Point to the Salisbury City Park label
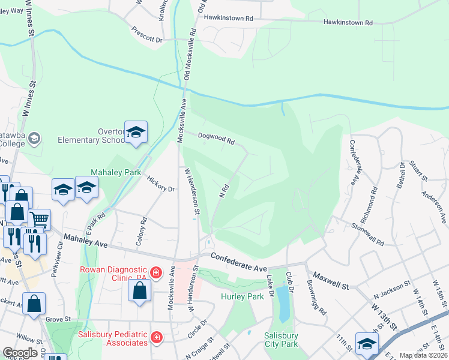pyautogui.click(x=282, y=340)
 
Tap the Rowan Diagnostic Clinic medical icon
pyautogui.click(x=156, y=274)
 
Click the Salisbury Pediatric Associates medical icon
pyautogui.click(x=156, y=338)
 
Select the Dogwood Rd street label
pyautogui.click(x=215, y=139)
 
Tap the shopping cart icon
pyautogui.click(x=40, y=220)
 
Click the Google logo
pyautogui.click(x=20, y=353)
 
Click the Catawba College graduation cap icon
pyautogui.click(x=35, y=139)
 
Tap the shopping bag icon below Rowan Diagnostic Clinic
pyautogui.click(x=139, y=292)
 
